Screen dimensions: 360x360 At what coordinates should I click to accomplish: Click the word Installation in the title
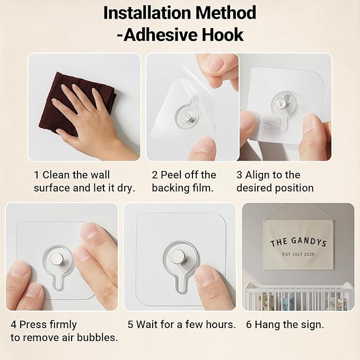click(147, 13)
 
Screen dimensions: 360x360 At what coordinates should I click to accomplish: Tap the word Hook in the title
click(223, 35)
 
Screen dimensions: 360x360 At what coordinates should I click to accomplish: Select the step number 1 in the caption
click(36, 175)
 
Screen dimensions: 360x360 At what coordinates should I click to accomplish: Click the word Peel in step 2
click(171, 175)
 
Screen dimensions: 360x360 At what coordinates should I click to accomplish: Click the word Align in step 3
click(256, 175)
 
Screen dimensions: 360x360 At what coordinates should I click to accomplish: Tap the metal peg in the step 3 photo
click(280, 103)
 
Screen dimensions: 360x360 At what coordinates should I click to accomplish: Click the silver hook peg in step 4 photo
click(57, 259)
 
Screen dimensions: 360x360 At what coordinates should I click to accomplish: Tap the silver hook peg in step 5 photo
click(177, 257)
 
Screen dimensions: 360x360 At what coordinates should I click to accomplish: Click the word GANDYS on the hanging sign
click(309, 242)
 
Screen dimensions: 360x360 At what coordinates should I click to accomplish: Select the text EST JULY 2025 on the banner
click(298, 254)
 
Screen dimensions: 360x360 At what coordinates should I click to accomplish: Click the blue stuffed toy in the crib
click(287, 303)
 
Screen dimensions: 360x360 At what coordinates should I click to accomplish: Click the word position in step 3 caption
click(294, 188)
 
